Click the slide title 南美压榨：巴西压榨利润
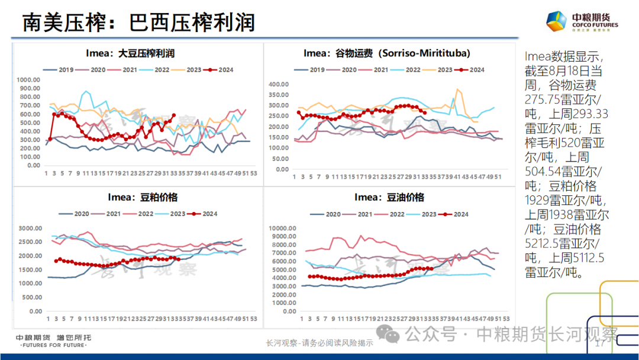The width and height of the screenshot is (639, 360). click(x=138, y=22)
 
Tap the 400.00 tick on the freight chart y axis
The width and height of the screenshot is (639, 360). click(x=277, y=84)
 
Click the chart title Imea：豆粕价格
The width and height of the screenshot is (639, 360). click(x=142, y=197)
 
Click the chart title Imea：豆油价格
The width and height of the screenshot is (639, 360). click(x=389, y=197)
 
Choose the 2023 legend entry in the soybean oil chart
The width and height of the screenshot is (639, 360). click(x=422, y=214)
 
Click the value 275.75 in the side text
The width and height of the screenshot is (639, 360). click(x=544, y=99)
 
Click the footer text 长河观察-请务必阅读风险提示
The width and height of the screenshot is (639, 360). click(x=319, y=343)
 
